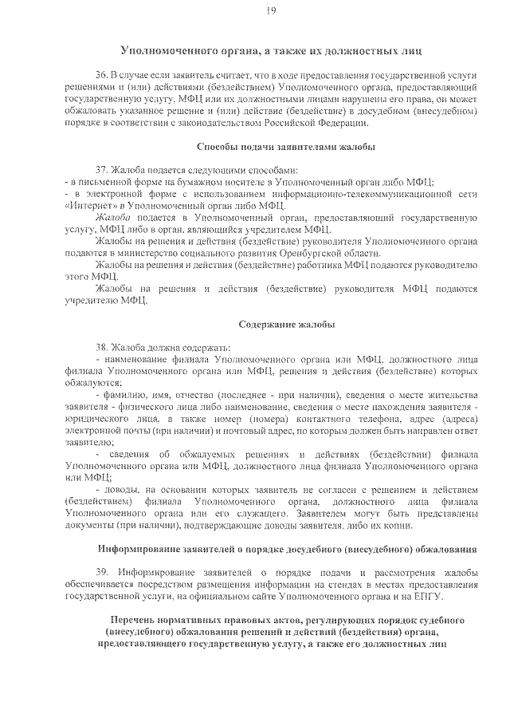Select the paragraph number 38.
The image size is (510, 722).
click(x=100, y=348)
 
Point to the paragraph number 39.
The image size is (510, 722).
click(x=100, y=573)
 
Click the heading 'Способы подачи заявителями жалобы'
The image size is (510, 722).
click(x=286, y=147)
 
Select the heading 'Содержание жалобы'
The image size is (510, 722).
click(x=286, y=325)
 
